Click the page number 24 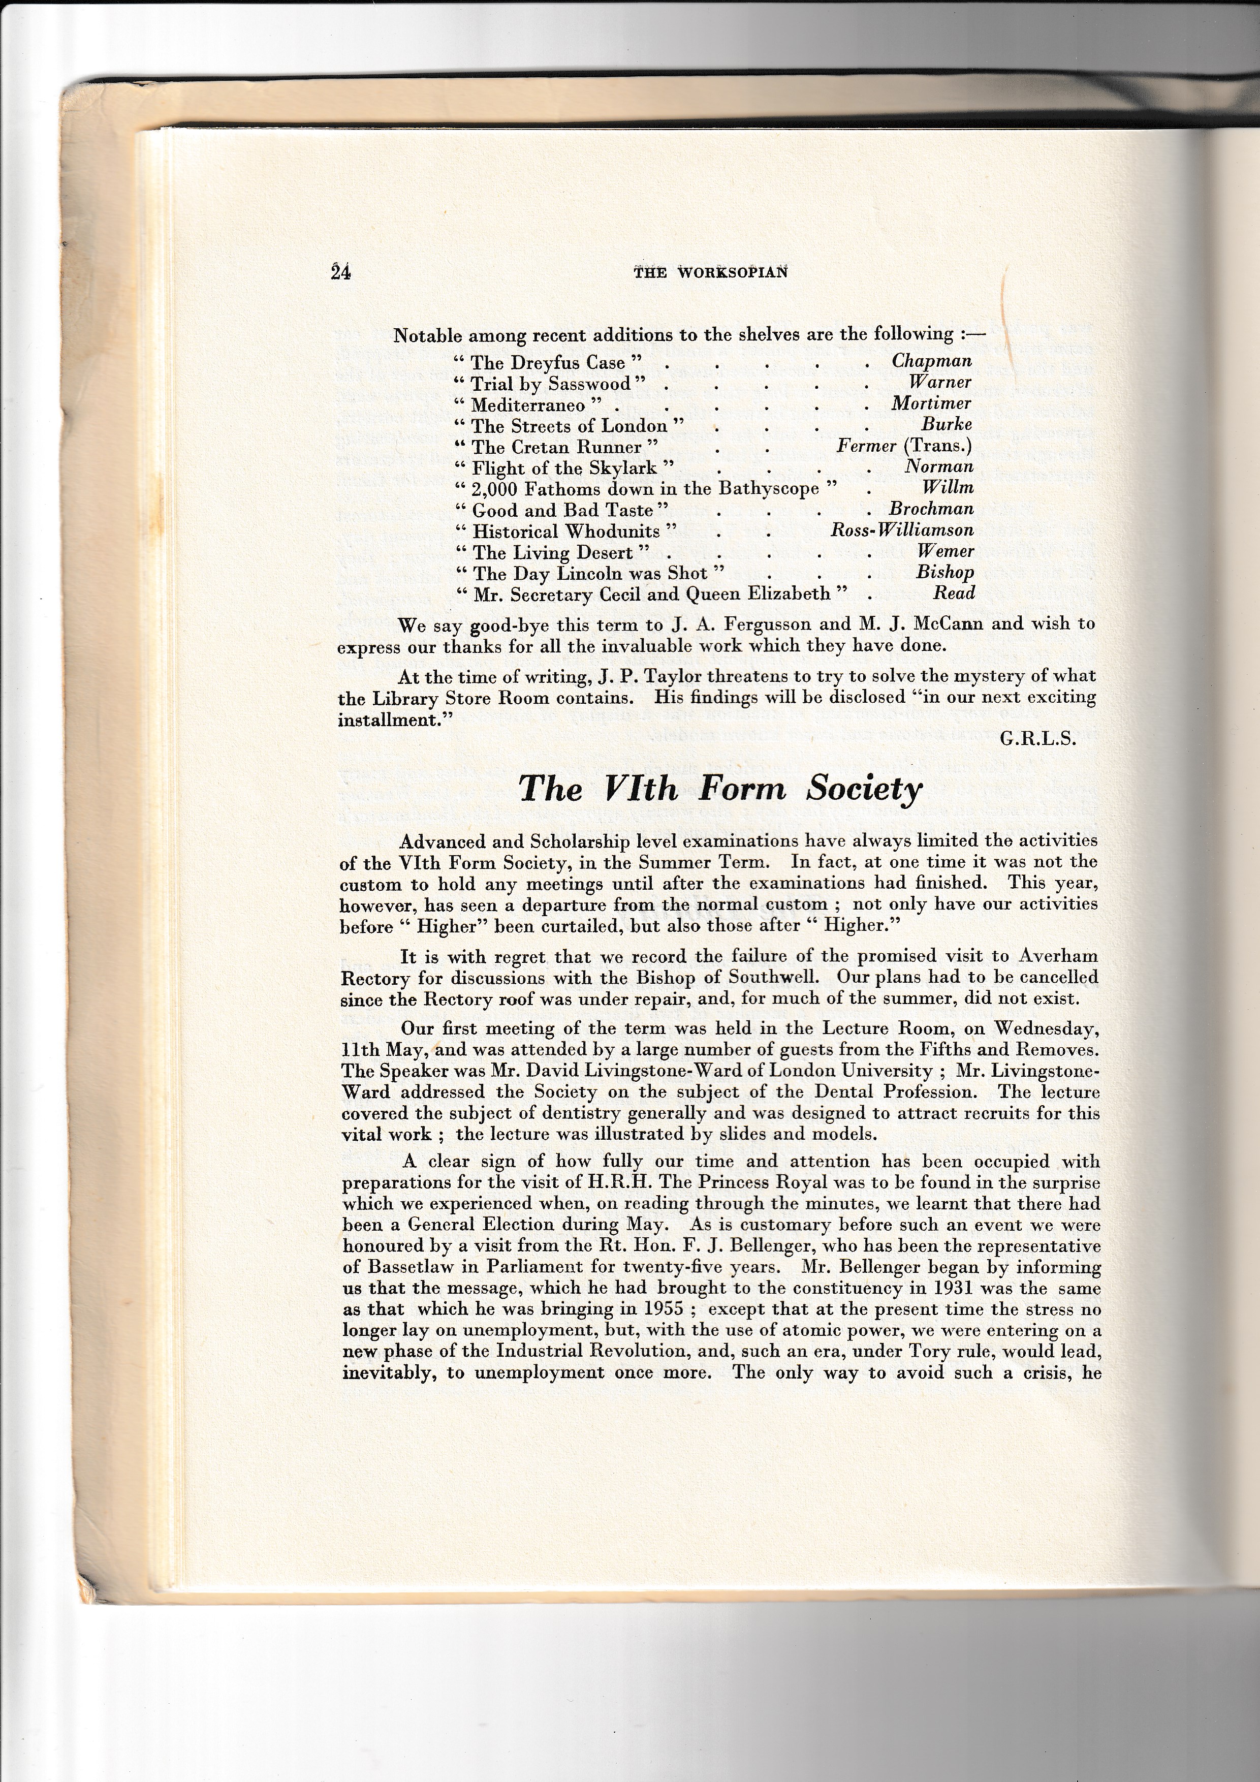(x=340, y=272)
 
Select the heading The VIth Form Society (x=720, y=789)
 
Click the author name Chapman (x=931, y=360)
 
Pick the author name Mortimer (x=931, y=403)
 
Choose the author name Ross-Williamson (x=901, y=530)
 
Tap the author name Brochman (x=930, y=509)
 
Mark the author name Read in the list (x=954, y=593)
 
